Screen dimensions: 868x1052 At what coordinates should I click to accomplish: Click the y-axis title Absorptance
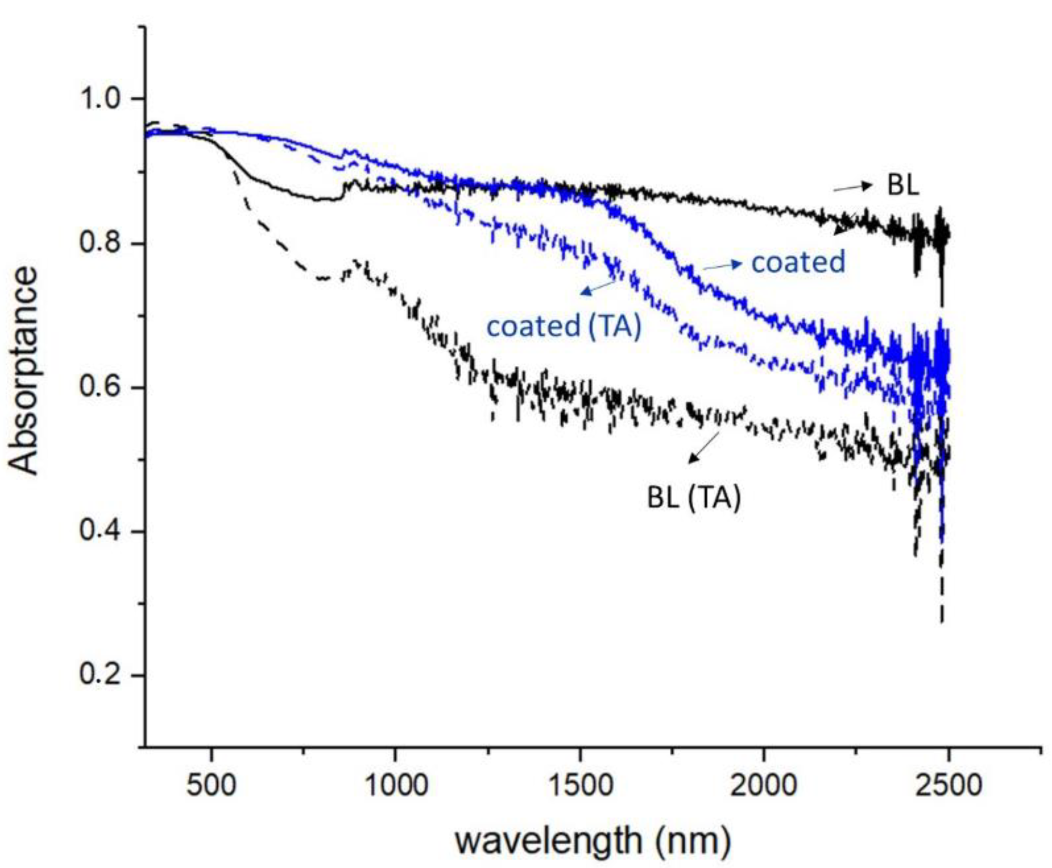(x=24, y=371)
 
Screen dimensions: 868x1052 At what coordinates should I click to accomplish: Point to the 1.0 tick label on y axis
(x=101, y=99)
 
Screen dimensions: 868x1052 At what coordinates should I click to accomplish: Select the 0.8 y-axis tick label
(x=101, y=244)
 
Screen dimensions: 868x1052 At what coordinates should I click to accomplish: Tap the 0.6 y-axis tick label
(x=101, y=388)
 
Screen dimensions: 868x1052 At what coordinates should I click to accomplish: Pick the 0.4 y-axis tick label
(x=101, y=532)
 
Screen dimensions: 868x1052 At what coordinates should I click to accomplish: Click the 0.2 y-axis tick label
(x=101, y=675)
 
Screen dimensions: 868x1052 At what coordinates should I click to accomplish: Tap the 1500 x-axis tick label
(x=580, y=785)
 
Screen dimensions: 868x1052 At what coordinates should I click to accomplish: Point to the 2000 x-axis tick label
(x=764, y=785)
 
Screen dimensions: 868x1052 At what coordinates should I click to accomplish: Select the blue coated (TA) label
(x=564, y=327)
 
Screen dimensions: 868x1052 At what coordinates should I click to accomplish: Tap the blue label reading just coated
(x=798, y=262)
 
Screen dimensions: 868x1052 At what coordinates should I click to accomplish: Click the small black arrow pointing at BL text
(x=852, y=187)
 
